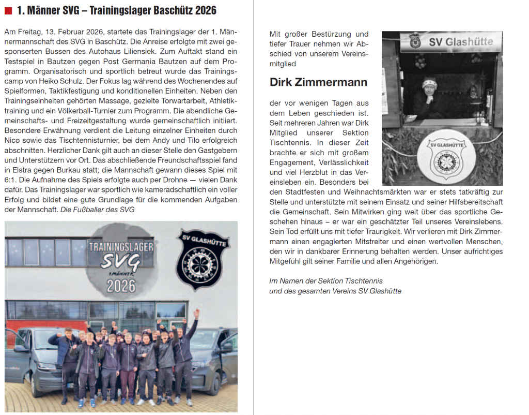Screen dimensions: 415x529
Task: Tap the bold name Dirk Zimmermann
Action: pyautogui.click(x=318, y=82)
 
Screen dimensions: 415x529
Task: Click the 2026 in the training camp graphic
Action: pyautogui.click(x=120, y=286)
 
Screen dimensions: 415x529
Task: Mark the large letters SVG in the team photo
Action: pyautogui.click(x=120, y=262)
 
